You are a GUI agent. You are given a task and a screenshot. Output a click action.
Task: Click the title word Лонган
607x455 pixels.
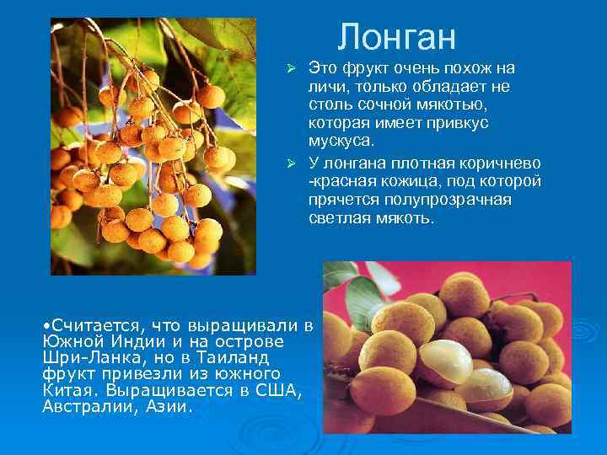396,37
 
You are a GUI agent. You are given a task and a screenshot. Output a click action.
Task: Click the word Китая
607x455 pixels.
68,390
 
